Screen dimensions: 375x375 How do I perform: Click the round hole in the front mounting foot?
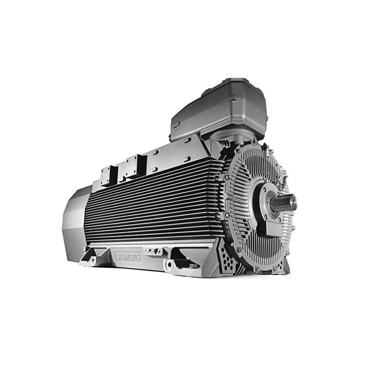169,266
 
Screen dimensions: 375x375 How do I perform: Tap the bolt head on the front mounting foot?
192,266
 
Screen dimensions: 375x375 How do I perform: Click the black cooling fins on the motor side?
155,206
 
